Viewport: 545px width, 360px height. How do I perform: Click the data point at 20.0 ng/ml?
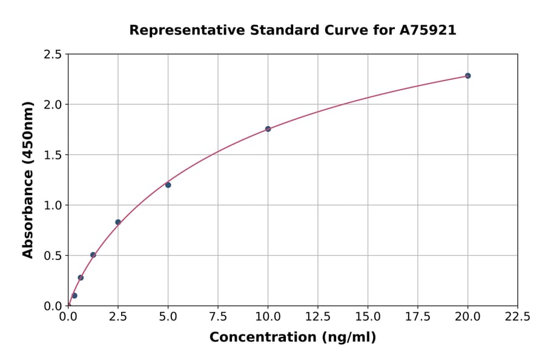click(x=467, y=76)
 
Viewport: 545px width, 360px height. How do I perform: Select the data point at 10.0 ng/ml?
click(x=268, y=129)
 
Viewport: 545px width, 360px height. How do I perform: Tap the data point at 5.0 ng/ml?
click(x=168, y=185)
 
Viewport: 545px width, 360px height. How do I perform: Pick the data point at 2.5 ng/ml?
click(x=118, y=222)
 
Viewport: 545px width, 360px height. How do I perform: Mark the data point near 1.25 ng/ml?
click(x=93, y=255)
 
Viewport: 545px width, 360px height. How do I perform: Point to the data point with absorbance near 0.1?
click(x=74, y=296)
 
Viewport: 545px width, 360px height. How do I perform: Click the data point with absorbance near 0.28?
click(x=81, y=278)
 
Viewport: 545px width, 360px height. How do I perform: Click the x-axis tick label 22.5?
click(x=518, y=317)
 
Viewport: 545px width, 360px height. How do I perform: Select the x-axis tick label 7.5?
click(x=218, y=317)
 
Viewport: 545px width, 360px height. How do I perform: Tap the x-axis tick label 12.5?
click(x=318, y=317)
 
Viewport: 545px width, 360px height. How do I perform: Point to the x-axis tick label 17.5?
click(x=418, y=317)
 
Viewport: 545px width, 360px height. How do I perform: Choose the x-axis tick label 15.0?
click(x=368, y=317)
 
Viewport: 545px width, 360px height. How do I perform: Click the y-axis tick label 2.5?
click(x=53, y=55)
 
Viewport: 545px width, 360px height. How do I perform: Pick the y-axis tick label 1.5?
click(x=53, y=155)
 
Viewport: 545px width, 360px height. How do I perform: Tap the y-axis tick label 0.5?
click(x=53, y=256)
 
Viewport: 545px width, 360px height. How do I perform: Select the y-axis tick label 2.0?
click(x=53, y=105)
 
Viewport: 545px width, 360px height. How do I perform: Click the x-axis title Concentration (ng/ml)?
click(x=292, y=338)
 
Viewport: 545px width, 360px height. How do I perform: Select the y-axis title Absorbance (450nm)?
click(x=28, y=180)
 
